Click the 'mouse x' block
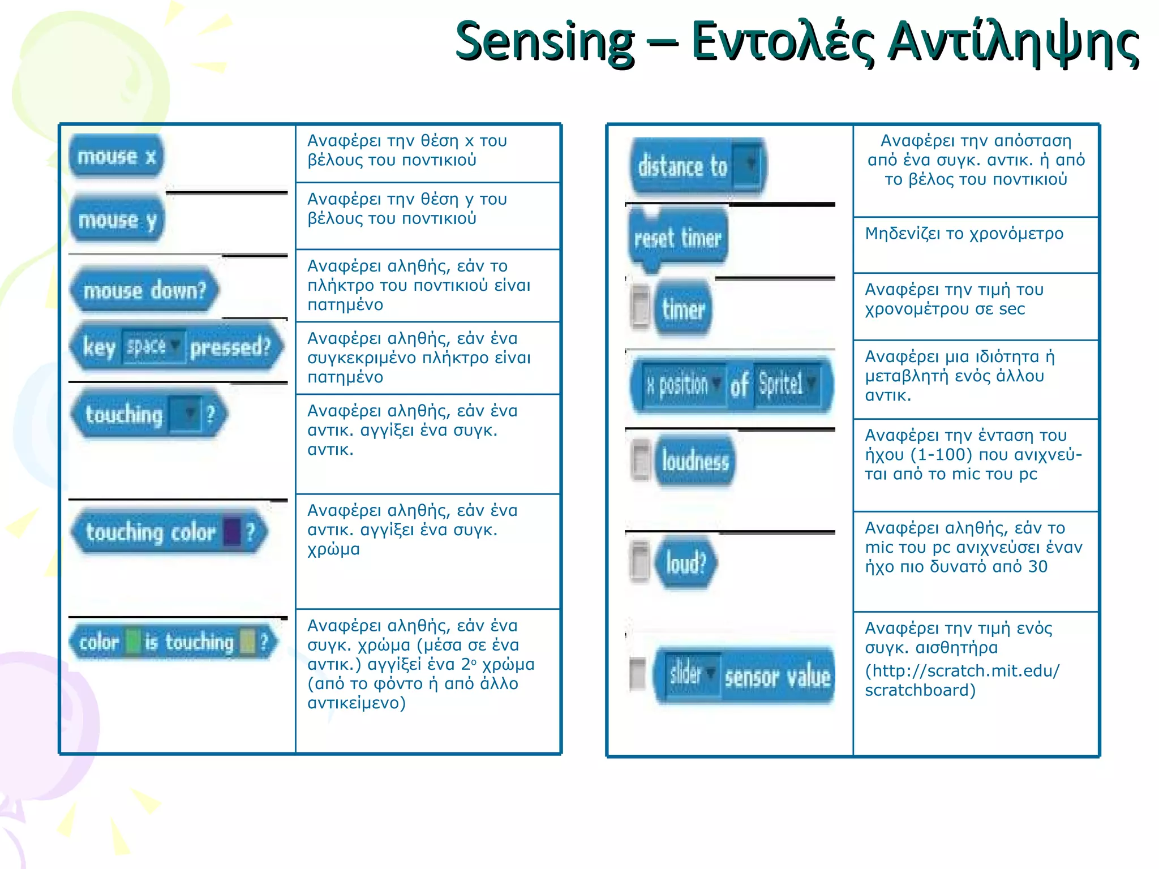[116, 156]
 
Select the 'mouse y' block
[117, 220]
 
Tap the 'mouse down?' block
[144, 290]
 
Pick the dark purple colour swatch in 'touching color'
[232, 532]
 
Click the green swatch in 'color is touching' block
[132, 642]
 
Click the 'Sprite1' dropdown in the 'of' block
[787, 384]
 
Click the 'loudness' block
[695, 461]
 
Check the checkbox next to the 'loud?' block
[640, 561]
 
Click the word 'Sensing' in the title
[544, 42]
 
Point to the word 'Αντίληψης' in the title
[1013, 42]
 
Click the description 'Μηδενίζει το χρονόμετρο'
[964, 234]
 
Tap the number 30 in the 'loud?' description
[1038, 566]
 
